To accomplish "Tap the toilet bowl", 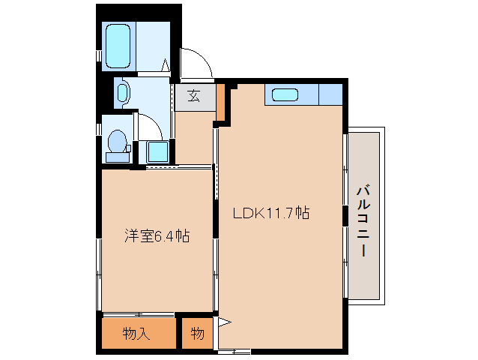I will click(x=116, y=143).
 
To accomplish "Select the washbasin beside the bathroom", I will click(x=124, y=94).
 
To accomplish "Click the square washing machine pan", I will click(x=157, y=151).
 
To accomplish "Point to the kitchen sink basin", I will click(x=285, y=95).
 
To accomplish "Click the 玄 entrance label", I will click(x=193, y=96).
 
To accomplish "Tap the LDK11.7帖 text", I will click(x=271, y=213).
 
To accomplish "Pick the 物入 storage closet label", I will click(x=136, y=334).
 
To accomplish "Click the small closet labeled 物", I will click(x=197, y=334).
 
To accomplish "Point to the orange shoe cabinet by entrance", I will click(x=220, y=102).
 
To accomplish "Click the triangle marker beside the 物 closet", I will click(x=223, y=323).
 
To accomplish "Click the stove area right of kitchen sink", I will click(x=330, y=95).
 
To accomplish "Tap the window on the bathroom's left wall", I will click(x=98, y=55).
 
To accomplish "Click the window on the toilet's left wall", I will click(x=98, y=129).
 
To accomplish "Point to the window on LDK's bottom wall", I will click(x=234, y=351).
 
